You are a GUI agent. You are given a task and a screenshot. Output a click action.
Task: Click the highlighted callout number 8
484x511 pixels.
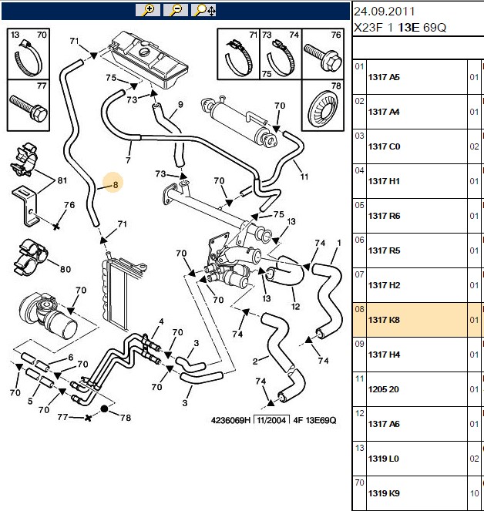116,185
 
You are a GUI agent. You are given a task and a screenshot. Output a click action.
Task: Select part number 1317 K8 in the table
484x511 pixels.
384,320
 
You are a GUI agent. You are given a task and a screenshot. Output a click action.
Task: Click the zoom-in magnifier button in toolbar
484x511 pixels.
148,10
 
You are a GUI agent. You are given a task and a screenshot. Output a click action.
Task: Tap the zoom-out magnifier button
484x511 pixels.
176,10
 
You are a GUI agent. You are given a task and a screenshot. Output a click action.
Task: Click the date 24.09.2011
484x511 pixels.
384,12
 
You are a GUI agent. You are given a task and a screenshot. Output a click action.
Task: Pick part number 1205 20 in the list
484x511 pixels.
383,389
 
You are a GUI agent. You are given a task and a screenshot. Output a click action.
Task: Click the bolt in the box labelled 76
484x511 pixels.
323,58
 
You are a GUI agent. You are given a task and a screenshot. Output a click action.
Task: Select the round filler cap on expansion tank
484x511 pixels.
144,52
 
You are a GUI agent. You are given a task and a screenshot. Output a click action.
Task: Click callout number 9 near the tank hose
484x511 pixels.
180,104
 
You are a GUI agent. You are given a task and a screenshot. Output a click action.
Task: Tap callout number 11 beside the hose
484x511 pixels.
304,176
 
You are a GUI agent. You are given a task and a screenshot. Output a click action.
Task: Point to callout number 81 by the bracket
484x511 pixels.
62,180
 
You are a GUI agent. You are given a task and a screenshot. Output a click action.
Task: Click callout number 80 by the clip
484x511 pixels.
66,269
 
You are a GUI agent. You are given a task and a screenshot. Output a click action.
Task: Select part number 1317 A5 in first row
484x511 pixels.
384,77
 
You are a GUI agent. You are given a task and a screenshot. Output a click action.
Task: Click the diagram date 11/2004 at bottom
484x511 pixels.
271,420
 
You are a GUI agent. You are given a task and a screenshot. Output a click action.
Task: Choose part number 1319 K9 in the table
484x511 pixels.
384,493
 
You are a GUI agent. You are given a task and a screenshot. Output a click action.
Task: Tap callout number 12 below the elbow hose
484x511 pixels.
295,306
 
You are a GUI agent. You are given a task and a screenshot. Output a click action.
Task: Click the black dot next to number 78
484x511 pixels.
104,408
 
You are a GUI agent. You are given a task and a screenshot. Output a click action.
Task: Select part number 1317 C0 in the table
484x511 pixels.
384,146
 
